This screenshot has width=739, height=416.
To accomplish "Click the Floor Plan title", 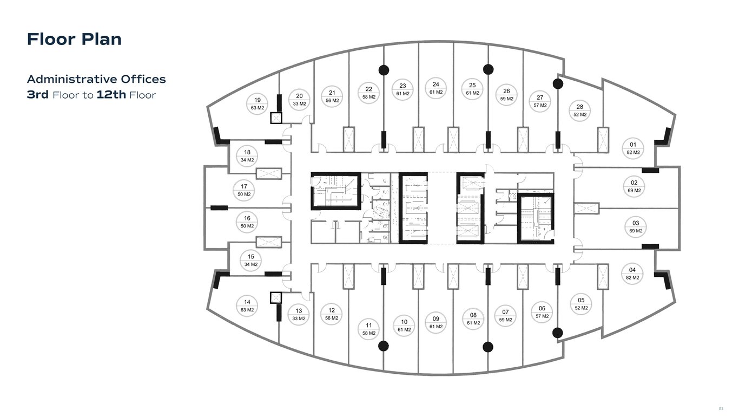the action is [74, 40].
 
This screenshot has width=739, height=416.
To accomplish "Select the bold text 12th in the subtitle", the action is [111, 95].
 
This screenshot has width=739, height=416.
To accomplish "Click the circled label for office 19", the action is [258, 103].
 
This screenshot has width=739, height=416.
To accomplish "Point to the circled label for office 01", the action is [633, 148].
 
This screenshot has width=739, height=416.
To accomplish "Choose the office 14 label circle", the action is [247, 306].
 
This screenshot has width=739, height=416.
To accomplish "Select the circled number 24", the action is [436, 88].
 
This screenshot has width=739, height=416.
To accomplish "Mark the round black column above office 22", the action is [384, 69].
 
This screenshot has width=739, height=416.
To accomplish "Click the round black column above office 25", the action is [488, 69].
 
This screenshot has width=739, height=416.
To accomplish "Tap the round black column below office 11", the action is [384, 346].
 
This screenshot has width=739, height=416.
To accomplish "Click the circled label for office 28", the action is [579, 110].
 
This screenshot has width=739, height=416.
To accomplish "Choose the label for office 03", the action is [636, 227].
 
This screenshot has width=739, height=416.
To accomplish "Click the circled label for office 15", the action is [250, 261].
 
